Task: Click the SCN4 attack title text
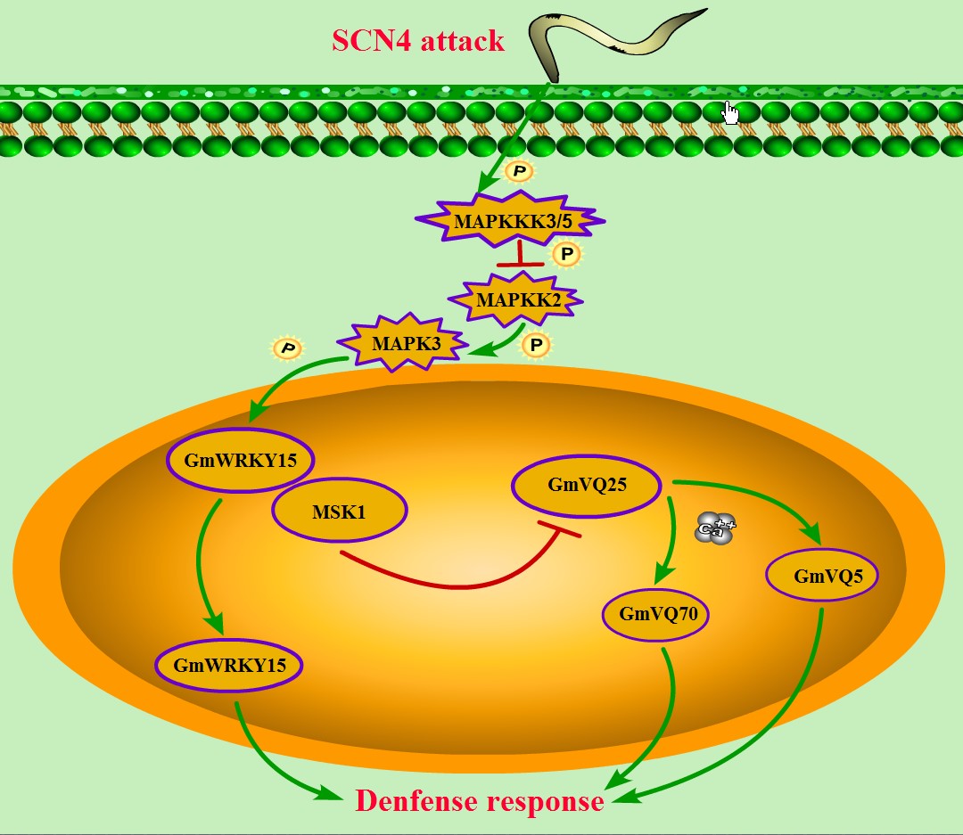point(418,40)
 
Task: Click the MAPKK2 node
point(518,299)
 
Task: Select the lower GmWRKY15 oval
point(229,665)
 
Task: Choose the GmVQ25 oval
point(585,486)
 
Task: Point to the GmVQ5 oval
point(822,576)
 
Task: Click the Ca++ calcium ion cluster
point(715,528)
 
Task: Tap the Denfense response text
point(480,801)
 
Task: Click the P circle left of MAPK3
point(287,348)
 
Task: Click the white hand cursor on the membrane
point(730,113)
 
